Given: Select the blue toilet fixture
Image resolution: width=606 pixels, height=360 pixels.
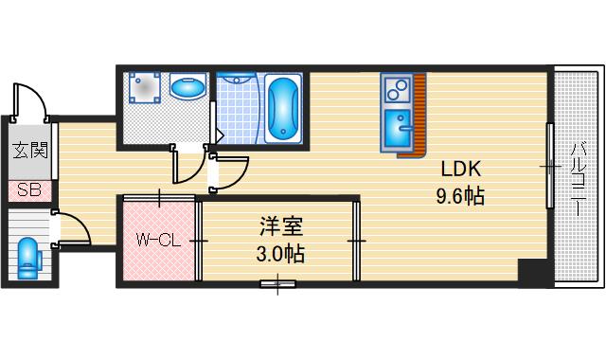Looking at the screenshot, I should (27, 256).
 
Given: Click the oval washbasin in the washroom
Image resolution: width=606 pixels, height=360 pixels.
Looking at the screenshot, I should (187, 88).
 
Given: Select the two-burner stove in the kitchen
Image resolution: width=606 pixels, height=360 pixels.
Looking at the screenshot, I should (395, 90).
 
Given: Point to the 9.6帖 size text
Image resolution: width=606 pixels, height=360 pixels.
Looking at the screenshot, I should (460, 197).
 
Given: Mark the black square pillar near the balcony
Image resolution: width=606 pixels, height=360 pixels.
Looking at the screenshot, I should (533, 272).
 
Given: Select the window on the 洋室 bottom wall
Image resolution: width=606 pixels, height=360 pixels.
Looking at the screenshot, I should (277, 282).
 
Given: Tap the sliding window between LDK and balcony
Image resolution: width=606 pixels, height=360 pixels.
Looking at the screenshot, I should (548, 166).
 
